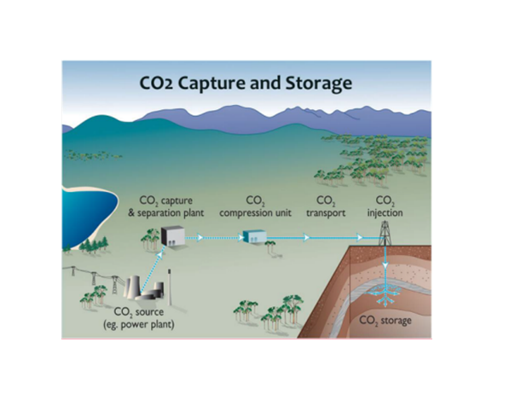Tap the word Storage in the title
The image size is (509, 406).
coord(319,84)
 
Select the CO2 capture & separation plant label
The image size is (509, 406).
coord(166,207)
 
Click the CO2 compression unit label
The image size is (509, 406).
coord(255,207)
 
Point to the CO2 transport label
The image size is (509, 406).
coord(326,207)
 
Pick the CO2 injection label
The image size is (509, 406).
coord(385,207)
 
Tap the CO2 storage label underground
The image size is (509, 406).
coord(385,321)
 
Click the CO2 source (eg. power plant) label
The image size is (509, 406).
coord(139,318)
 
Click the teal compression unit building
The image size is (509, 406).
coord(255,236)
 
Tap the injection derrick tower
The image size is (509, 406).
coord(385,233)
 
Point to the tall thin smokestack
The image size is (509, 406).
coord(170,287)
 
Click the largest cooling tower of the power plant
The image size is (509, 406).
coord(133,287)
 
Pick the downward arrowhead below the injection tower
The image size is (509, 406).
coord(385,265)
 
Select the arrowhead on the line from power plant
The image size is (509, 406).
coord(159,255)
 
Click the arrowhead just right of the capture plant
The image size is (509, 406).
coord(200,238)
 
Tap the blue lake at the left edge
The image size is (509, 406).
coord(88,216)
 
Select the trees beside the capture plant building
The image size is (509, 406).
coord(151,239)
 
